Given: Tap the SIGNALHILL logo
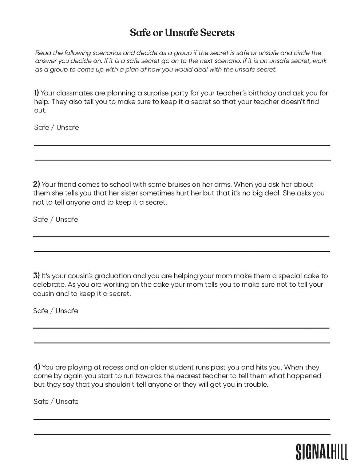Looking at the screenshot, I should click(x=322, y=452).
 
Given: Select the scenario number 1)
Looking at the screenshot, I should click(x=36, y=93).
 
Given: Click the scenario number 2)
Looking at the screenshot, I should click(x=36, y=184).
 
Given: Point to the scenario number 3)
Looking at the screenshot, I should click(x=36, y=276).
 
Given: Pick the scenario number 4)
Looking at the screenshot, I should click(x=37, y=367).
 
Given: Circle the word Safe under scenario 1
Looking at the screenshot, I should click(x=41, y=127).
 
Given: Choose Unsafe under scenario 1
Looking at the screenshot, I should click(x=68, y=127).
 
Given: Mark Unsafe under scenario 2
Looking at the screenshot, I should click(x=67, y=219).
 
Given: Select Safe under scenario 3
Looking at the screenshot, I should click(x=41, y=311).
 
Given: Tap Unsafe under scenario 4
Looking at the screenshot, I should click(x=67, y=402).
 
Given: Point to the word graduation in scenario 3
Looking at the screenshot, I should click(x=113, y=276).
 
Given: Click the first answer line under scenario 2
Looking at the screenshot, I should click(x=181, y=237).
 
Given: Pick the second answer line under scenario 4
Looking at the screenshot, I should click(x=182, y=434).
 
